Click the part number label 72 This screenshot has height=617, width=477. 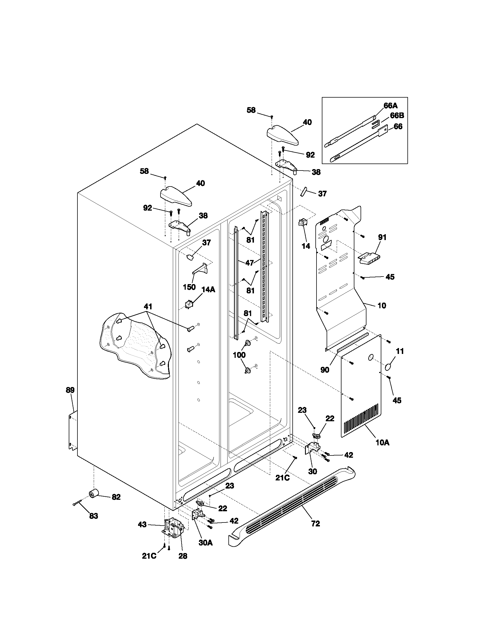pyautogui.click(x=315, y=524)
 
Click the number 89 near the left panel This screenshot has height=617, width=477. pyautogui.click(x=70, y=390)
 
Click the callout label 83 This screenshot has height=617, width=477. pyautogui.click(x=93, y=516)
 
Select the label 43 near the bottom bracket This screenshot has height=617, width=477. pyautogui.click(x=142, y=525)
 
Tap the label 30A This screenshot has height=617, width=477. pyautogui.click(x=205, y=543)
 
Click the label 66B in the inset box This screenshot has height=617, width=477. pyautogui.click(x=397, y=115)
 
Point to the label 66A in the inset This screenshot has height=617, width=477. pyautogui.click(x=390, y=106)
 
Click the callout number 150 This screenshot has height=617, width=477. pyautogui.click(x=189, y=287)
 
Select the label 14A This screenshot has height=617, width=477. pyautogui.click(x=208, y=289)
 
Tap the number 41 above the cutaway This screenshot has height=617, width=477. pyautogui.click(x=148, y=306)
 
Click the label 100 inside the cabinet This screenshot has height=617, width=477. pyautogui.click(x=239, y=355)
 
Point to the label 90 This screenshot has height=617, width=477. pyautogui.click(x=325, y=370)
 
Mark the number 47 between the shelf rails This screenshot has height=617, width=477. pyautogui.click(x=249, y=263)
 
